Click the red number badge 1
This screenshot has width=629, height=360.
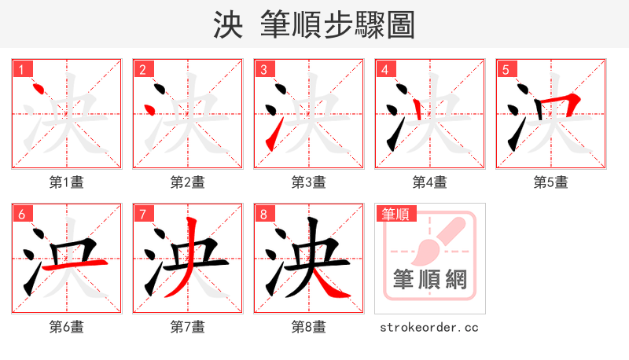[x=21, y=69]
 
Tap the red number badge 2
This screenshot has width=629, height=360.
[x=142, y=69]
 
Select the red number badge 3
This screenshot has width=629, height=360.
[x=263, y=69]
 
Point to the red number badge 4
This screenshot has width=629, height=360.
[x=384, y=69]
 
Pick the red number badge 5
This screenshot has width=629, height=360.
[x=506, y=69]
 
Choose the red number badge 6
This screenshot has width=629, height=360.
[x=21, y=214]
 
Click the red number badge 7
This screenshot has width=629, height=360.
[x=142, y=214]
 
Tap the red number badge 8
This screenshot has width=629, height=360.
[x=263, y=214]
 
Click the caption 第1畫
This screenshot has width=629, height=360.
[x=67, y=182]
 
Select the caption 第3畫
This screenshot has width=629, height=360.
[x=309, y=182]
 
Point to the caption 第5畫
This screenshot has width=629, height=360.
[x=551, y=182]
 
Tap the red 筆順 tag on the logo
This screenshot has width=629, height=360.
[x=395, y=214]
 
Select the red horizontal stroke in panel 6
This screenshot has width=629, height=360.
[x=72, y=265]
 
